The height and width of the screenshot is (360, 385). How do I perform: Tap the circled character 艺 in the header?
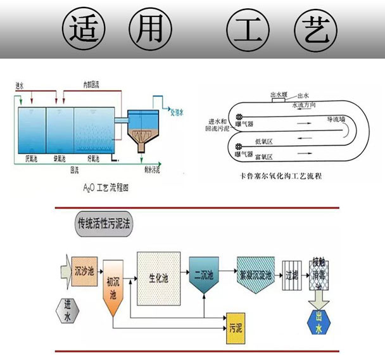pos(314,29)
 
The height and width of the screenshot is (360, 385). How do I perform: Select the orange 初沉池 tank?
pos(113,288)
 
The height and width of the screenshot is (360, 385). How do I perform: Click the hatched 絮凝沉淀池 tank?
pos(255,274)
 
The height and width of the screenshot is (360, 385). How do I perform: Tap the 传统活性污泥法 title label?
pos(104,224)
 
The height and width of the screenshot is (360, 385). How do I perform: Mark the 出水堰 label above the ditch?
pos(277,93)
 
